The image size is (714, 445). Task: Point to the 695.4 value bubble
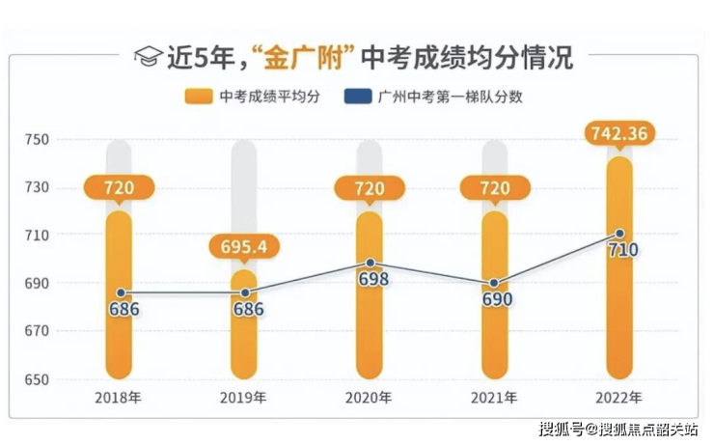point(243,247)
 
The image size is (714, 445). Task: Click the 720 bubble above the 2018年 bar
point(119,187)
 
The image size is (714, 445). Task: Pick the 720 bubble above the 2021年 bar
point(494,187)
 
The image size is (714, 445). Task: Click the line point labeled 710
point(619,234)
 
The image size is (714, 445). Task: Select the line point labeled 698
point(370,263)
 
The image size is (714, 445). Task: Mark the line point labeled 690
point(494,283)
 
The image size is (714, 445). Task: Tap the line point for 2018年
point(120,292)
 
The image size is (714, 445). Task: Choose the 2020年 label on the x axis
point(370,397)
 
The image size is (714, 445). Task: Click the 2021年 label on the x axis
point(494,397)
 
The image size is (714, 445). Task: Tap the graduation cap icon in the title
point(148,57)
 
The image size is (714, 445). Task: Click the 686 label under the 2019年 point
point(247,310)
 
